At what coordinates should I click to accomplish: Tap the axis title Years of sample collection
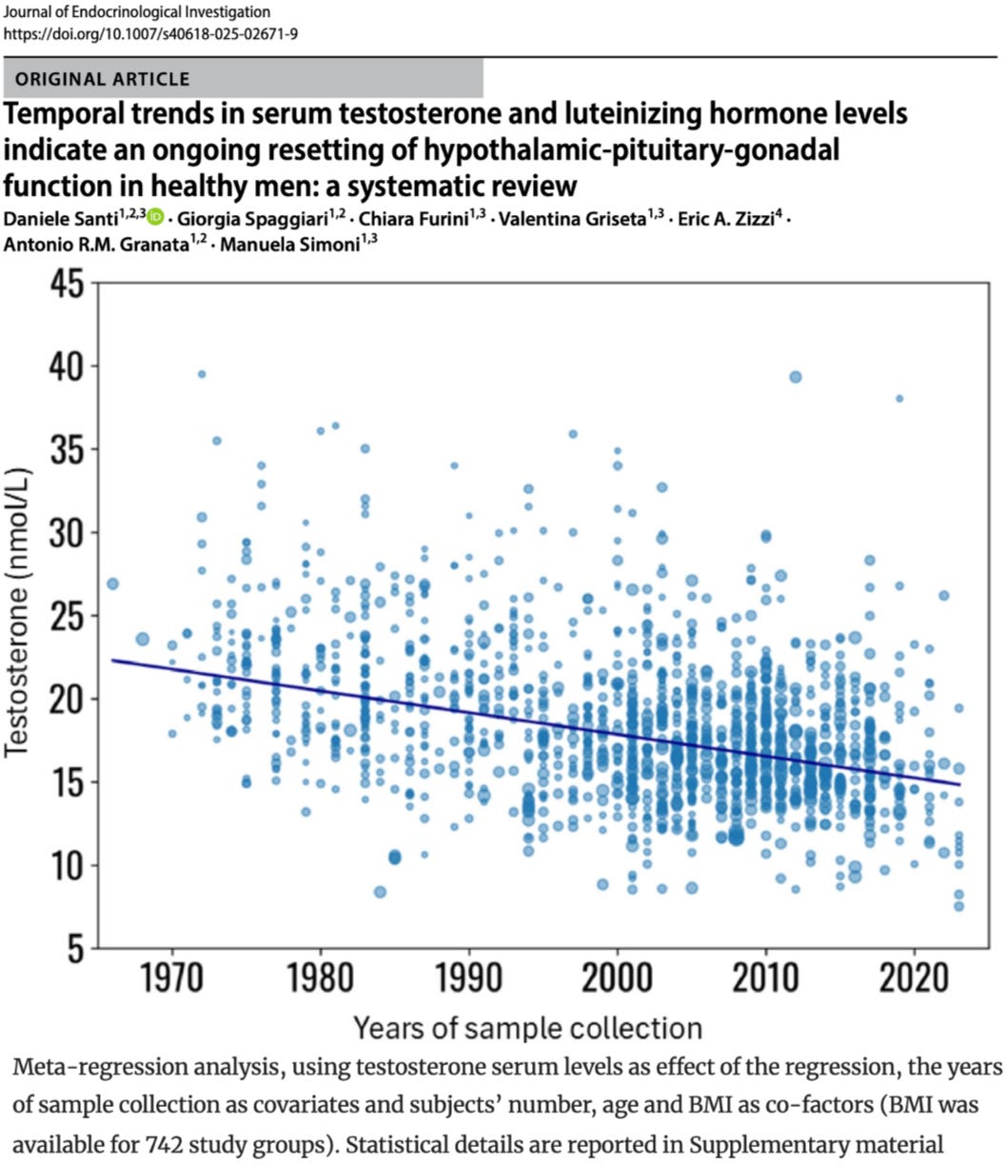[x=527, y=1027]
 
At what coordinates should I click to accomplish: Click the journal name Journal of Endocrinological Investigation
[x=137, y=12]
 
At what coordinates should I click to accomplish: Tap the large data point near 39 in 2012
[x=796, y=377]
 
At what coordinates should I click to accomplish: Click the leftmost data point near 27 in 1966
[x=112, y=583]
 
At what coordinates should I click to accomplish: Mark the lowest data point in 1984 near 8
[x=380, y=892]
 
